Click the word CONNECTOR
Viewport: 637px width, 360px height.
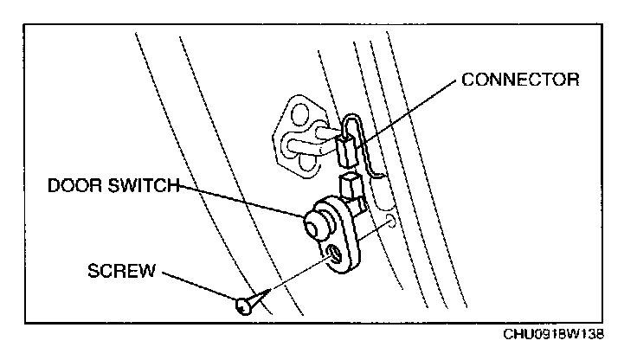coord(520,80)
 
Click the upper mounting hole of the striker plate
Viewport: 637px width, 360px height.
coord(300,113)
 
